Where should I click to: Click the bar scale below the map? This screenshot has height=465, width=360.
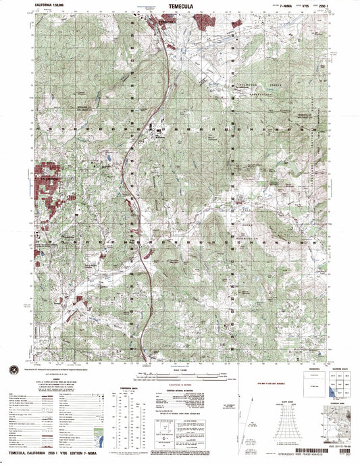click(181, 372)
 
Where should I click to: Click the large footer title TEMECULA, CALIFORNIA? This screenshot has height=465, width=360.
click(47, 458)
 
